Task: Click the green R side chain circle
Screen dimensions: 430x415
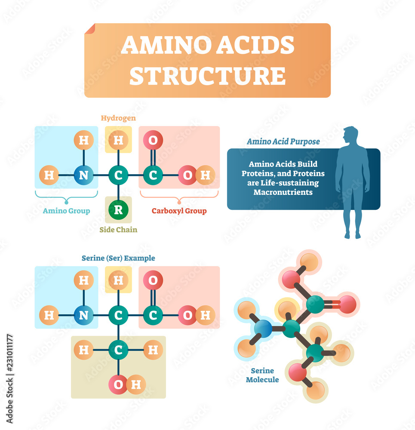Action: (118, 210)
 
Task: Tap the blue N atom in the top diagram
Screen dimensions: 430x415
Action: (83, 175)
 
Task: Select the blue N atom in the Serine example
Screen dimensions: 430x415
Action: (83, 315)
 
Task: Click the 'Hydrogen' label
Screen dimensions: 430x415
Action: (118, 118)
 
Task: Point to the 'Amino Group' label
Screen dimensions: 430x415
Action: (66, 211)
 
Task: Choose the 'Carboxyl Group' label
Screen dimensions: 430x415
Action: (179, 211)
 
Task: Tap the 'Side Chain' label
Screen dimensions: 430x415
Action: (118, 230)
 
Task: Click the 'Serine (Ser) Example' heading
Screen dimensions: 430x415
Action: (118, 258)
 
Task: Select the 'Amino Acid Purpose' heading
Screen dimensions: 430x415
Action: (283, 141)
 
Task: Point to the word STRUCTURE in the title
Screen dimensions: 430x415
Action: (207, 76)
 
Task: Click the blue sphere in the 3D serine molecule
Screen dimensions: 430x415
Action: (263, 329)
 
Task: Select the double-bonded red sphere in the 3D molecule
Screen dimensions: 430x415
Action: (347, 304)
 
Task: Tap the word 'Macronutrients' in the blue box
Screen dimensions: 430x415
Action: (283, 192)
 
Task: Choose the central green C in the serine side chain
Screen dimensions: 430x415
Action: (118, 350)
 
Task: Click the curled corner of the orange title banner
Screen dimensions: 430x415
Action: (90, 29)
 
